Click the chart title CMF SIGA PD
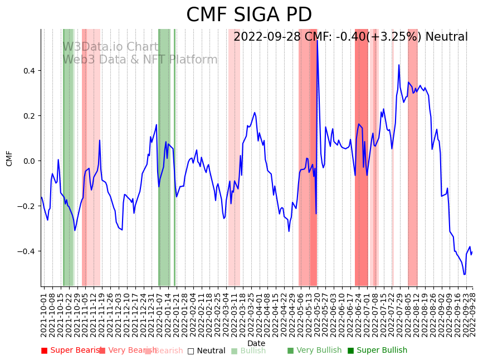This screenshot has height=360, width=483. pos(248,15)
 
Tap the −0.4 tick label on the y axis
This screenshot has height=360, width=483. pos(27,251)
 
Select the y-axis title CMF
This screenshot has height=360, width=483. pos(9,158)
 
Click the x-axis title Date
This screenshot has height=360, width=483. pos(256,343)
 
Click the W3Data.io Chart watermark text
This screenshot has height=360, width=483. pos(110,47)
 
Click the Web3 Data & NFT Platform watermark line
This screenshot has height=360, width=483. pos(140,60)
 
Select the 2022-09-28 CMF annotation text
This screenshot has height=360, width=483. pos(350,37)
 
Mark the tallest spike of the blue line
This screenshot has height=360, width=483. pos(317,39)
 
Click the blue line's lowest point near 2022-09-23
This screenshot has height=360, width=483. pos(465,274)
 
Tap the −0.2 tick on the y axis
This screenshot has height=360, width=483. pos(27,206)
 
